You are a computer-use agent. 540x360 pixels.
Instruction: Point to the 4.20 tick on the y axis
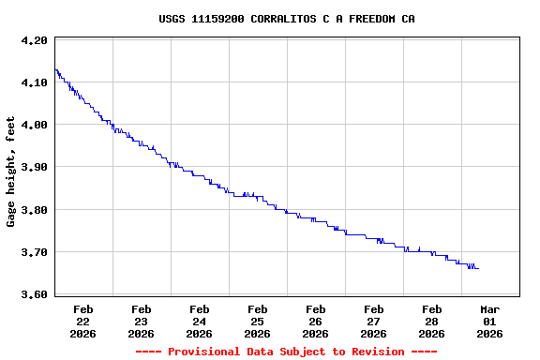click(34, 40)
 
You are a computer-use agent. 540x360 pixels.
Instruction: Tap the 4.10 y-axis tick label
click(34, 82)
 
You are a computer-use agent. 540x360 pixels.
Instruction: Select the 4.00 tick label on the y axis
click(34, 125)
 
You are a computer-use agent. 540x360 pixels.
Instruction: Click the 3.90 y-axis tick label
click(34, 167)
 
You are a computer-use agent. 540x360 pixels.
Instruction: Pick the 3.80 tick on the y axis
click(34, 210)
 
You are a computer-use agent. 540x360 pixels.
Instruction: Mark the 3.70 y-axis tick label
click(34, 252)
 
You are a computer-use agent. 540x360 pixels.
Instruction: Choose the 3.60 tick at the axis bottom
click(34, 294)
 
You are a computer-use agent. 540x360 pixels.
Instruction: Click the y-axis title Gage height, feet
click(11, 172)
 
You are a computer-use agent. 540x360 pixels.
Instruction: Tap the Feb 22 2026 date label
click(83, 321)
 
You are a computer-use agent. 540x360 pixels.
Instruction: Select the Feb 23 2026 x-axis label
click(142, 321)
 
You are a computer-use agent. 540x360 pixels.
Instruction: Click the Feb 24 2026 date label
click(200, 321)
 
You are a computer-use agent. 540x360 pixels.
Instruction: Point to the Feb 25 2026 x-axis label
click(258, 321)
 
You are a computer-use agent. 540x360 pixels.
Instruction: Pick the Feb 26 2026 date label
click(316, 321)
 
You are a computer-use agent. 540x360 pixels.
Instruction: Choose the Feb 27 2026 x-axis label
click(374, 321)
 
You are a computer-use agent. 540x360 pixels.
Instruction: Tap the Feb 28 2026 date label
click(432, 321)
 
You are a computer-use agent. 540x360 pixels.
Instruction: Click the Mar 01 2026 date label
click(490, 321)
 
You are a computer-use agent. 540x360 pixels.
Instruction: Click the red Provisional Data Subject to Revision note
click(286, 352)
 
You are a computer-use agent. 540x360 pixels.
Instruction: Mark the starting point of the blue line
click(55, 69)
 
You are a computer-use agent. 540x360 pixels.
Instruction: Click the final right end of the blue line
click(478, 268)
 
